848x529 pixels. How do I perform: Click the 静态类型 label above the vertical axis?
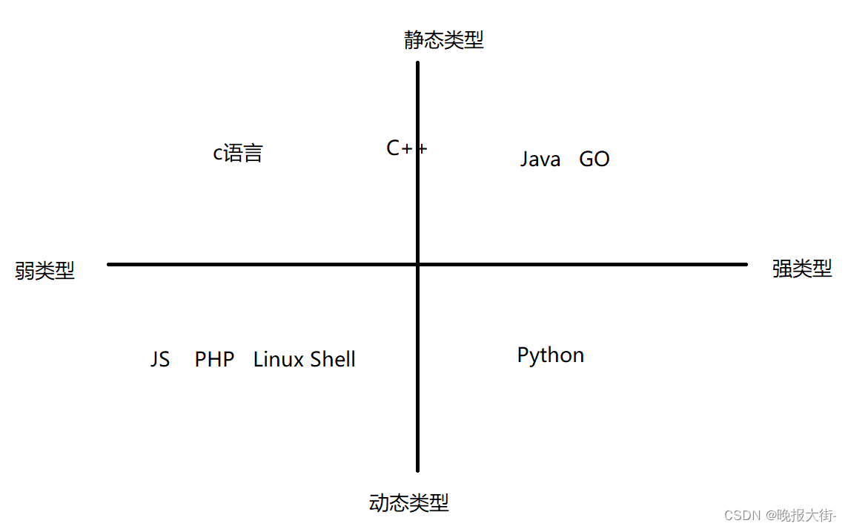tap(443, 40)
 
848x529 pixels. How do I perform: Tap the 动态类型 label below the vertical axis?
tap(408, 503)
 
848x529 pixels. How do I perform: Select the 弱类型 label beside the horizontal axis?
tap(45, 271)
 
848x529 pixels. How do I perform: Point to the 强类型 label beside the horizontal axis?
tap(802, 269)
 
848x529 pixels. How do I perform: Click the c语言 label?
tap(238, 154)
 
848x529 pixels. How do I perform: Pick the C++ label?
tap(406, 148)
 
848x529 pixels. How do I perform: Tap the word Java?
tap(540, 160)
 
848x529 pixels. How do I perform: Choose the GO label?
tap(594, 160)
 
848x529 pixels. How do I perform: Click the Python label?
tap(551, 355)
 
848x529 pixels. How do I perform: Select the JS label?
tap(160, 360)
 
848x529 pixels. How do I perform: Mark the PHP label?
tap(214, 360)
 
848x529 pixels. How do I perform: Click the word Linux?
tap(279, 360)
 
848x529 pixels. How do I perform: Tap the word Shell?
tap(333, 360)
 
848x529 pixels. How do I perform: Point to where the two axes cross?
tap(418, 264)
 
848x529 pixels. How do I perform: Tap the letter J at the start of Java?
tap(525, 160)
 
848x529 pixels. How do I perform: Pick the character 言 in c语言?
tap(253, 154)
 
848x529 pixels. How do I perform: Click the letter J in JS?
tap(155, 360)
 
